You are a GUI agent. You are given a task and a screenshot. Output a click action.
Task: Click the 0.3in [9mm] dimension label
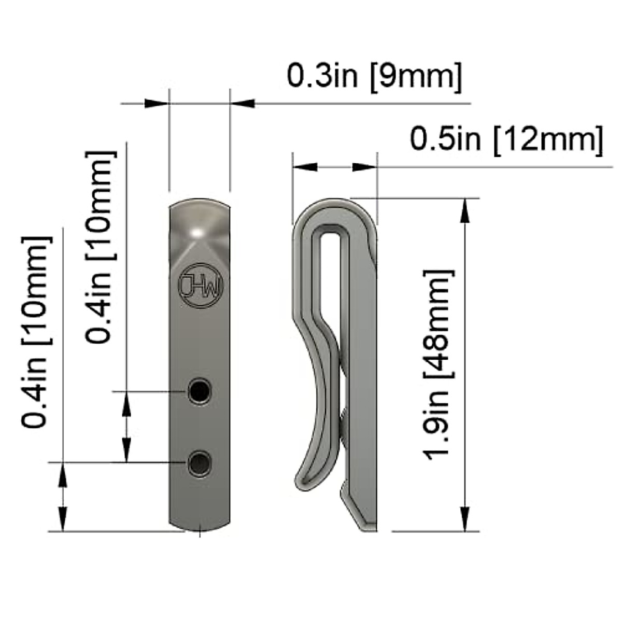(x=374, y=77)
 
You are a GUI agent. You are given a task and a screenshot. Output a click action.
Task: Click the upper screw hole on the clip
(x=200, y=391)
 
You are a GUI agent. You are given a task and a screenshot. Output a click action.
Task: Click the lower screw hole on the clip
(x=200, y=462)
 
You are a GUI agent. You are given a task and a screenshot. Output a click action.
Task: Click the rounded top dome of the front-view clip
(x=200, y=218)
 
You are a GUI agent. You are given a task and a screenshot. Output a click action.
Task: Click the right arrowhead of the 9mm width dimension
(x=243, y=104)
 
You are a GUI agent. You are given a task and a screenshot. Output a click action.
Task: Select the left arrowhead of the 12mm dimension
(x=305, y=167)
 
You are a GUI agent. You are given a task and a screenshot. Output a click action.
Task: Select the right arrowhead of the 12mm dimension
(x=364, y=167)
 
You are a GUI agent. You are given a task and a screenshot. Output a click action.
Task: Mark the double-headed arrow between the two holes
(x=126, y=426)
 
